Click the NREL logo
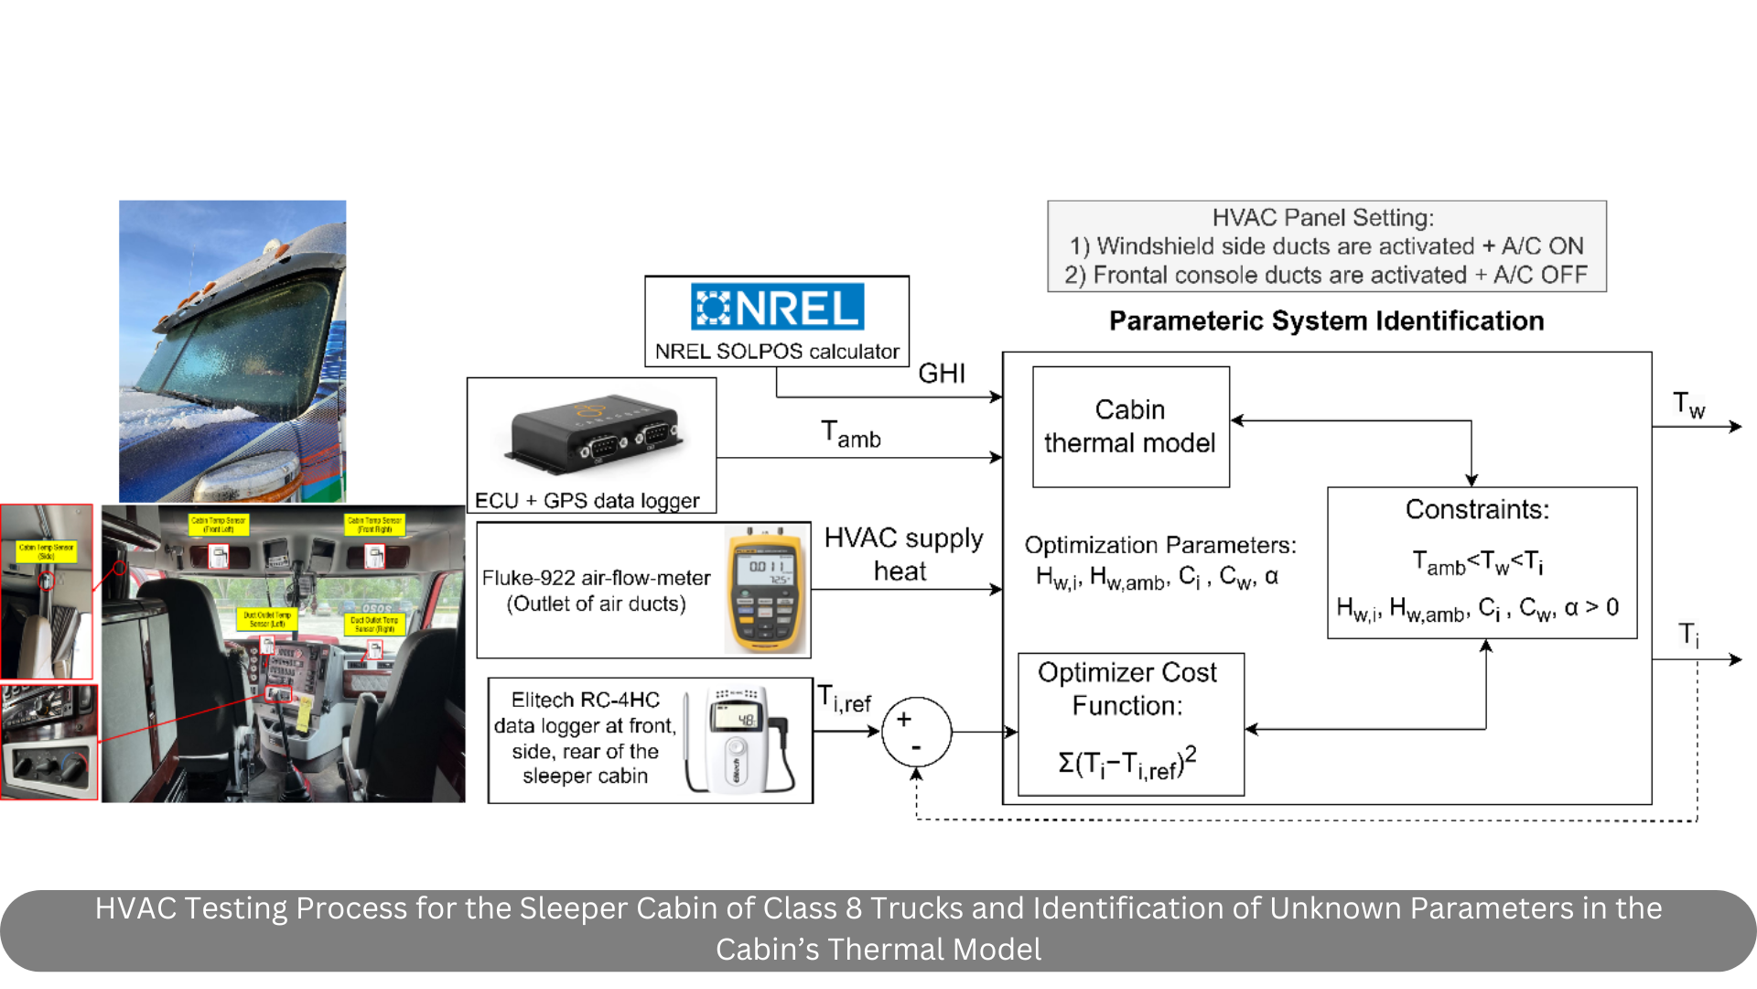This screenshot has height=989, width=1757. pyautogui.click(x=777, y=307)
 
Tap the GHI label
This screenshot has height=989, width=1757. pyautogui.click(x=942, y=374)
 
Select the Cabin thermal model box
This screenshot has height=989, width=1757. pyautogui.click(x=1130, y=427)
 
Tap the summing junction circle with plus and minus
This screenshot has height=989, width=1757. pyautogui.click(x=916, y=732)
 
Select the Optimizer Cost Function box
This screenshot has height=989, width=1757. pyautogui.click(x=1130, y=723)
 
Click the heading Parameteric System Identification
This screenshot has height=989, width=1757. pyautogui.click(x=1326, y=321)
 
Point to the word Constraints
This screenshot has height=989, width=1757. pyautogui.click(x=1477, y=510)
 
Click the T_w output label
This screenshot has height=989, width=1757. pyautogui.click(x=1688, y=405)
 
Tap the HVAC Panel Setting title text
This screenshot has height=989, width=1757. pyautogui.click(x=1322, y=218)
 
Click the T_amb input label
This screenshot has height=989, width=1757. pyautogui.click(x=850, y=435)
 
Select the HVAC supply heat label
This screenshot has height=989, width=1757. pyautogui.click(x=903, y=554)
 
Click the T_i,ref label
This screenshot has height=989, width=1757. pyautogui.click(x=845, y=701)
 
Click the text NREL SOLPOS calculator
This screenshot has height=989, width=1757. pyautogui.click(x=777, y=352)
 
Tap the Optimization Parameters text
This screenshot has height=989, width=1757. pyautogui.click(x=1159, y=546)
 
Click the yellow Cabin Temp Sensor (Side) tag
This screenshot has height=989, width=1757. pyautogui.click(x=46, y=551)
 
